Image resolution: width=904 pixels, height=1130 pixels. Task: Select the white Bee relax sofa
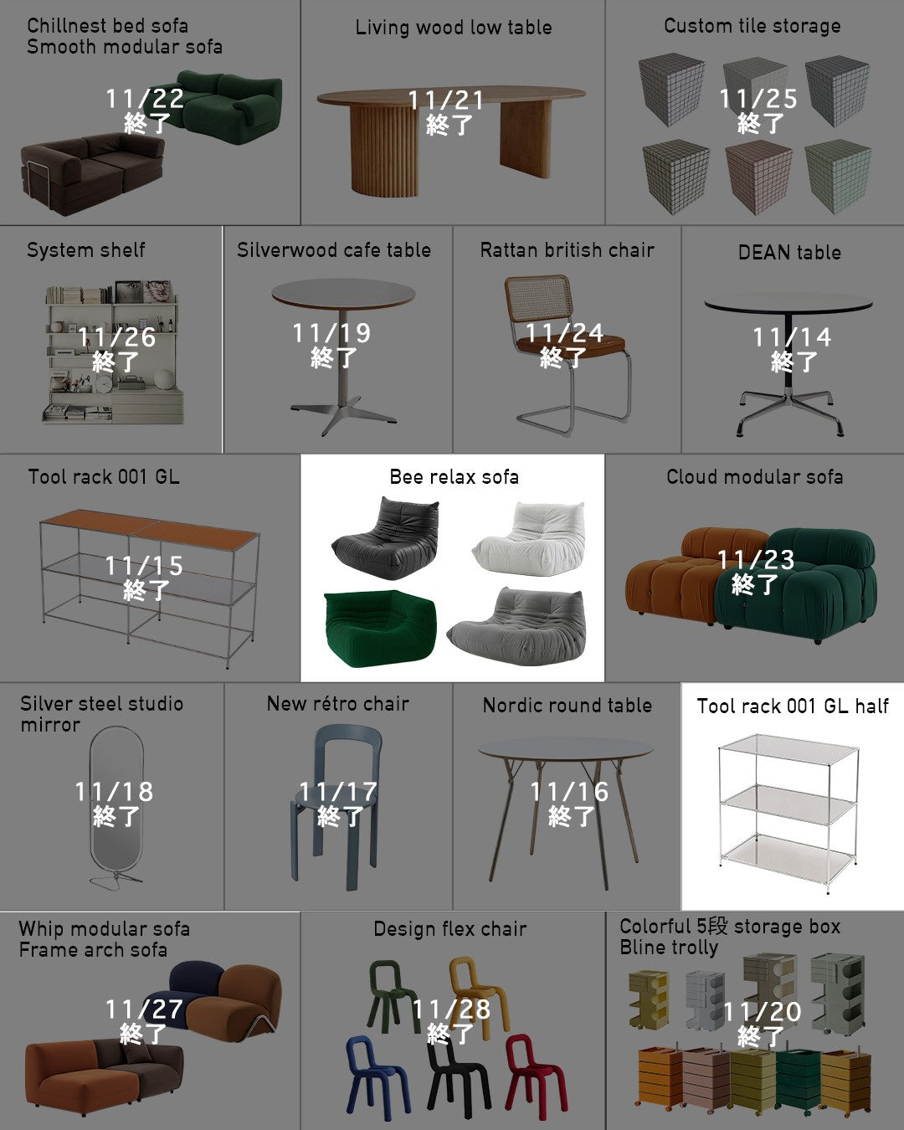pos(528,538)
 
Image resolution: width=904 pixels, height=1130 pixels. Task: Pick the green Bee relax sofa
pos(379,628)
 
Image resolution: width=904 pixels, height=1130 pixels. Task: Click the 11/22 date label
pos(145,99)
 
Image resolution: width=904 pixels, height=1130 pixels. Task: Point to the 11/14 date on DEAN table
pos(792,337)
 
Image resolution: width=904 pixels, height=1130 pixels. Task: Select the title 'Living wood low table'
pos(454,28)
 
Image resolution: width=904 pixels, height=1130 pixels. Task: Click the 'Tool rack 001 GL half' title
pos(793,706)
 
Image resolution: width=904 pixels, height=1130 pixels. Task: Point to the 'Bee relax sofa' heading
pos(455,477)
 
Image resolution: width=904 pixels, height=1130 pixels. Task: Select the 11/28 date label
pos(451,1009)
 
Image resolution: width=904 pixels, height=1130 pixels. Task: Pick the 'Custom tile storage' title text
pos(752,26)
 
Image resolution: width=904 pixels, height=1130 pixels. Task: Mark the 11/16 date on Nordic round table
pos(569,792)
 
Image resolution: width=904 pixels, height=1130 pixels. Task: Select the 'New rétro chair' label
pos(338,704)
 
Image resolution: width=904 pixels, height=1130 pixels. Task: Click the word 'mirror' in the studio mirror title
pos(50,725)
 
